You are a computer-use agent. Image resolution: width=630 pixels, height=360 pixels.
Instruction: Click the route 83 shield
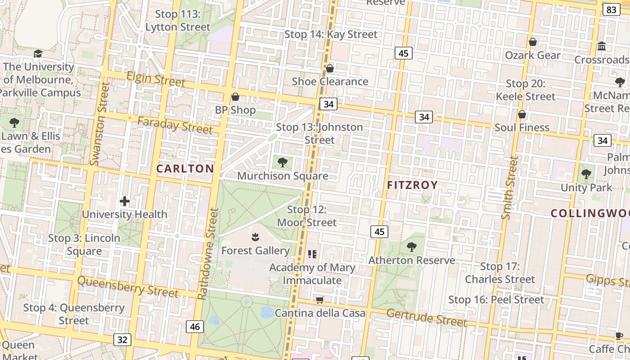tap(611, 10)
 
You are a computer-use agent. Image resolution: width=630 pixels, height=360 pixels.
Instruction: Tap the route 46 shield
tap(195, 327)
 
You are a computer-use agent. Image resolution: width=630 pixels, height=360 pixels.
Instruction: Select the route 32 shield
tap(122, 339)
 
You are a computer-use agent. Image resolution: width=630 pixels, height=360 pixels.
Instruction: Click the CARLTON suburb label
tap(185, 169)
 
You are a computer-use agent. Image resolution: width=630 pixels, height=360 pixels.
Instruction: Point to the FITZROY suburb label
tap(412, 185)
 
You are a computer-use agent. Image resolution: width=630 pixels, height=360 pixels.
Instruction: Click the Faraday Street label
tap(175, 125)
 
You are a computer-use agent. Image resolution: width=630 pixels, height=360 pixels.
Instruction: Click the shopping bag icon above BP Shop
tap(235, 97)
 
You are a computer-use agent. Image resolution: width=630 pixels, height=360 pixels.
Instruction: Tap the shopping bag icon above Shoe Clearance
tap(330, 68)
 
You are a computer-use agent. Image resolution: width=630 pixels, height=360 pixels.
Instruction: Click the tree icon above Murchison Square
tap(283, 162)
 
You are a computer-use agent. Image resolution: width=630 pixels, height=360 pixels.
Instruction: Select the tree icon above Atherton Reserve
tap(411, 247)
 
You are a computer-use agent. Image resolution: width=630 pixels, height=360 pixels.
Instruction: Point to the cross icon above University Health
tap(125, 201)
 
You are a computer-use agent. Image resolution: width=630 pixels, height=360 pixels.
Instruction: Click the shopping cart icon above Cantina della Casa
tap(320, 300)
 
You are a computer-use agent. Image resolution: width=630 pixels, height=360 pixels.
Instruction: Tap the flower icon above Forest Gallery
tap(255, 237)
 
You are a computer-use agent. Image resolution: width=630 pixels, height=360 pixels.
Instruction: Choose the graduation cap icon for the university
tap(38, 54)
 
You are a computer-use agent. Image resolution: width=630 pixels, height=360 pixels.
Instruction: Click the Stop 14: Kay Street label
tap(331, 34)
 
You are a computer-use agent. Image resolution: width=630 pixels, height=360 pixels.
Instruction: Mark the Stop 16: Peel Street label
tap(496, 300)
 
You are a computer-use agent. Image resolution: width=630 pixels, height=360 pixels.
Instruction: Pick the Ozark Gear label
tap(532, 55)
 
